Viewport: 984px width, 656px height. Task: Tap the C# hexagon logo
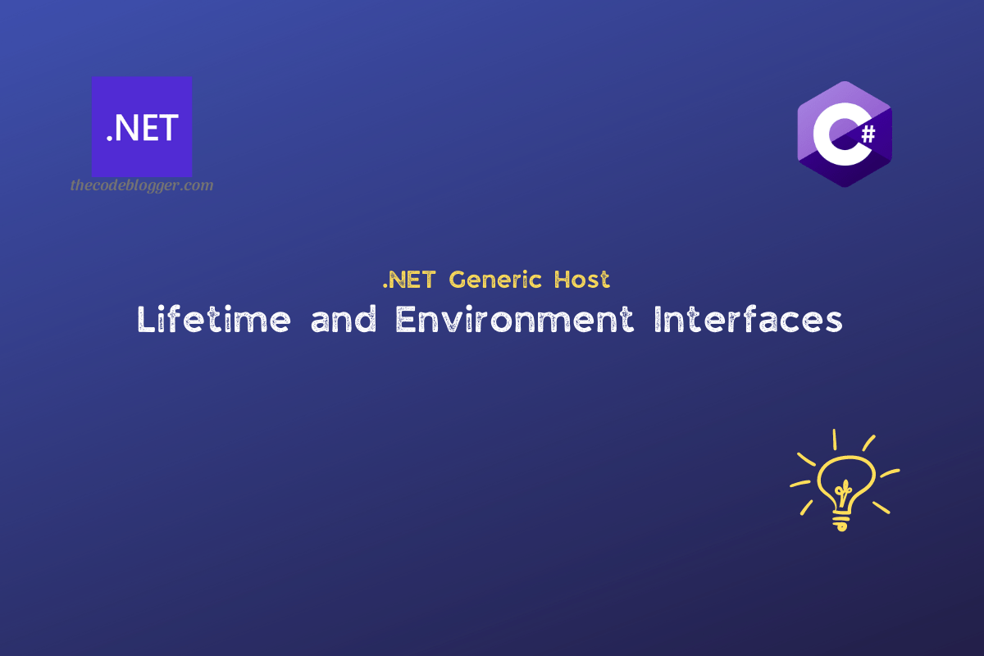point(844,134)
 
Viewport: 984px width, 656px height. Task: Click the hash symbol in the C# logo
point(868,135)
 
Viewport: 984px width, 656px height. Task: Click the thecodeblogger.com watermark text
point(142,185)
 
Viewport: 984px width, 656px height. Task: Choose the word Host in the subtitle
point(581,280)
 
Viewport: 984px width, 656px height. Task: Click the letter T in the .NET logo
point(168,129)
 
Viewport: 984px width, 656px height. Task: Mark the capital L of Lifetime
point(146,320)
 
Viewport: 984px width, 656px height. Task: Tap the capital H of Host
point(562,280)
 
